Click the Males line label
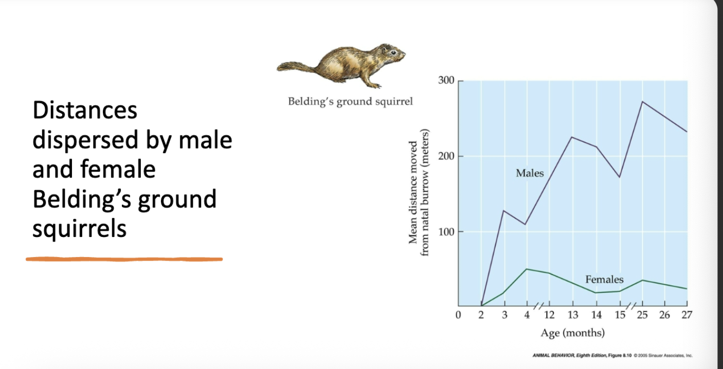[530, 173]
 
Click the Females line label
[604, 280]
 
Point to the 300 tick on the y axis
[446, 81]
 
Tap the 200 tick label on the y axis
[446, 156]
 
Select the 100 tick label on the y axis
[446, 231]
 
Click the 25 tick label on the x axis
[642, 315]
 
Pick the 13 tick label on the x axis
[573, 315]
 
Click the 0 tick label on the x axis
[458, 315]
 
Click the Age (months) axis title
[572, 333]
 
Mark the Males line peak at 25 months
[642, 101]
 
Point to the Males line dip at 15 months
[619, 177]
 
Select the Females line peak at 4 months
[527, 269]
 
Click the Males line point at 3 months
[503, 211]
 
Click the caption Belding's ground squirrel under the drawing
[350, 101]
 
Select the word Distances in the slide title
[85, 110]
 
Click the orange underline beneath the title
[124, 259]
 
